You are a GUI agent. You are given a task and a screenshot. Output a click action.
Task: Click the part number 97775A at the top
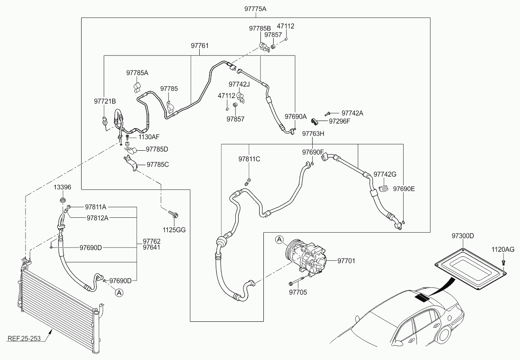(255, 9)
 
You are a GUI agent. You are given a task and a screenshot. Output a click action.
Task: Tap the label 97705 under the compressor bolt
(298, 292)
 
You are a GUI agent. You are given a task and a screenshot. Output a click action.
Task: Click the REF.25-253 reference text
(24, 339)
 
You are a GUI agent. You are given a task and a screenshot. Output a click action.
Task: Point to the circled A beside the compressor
(280, 239)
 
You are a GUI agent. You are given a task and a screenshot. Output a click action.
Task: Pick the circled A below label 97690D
(119, 293)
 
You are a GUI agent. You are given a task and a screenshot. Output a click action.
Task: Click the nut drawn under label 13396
(62, 199)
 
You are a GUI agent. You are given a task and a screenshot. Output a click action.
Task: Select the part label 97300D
(463, 236)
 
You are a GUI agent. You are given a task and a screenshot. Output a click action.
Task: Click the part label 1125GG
(174, 230)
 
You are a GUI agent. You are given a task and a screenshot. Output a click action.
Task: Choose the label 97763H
(313, 134)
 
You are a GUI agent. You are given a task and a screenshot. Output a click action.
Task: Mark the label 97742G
(384, 174)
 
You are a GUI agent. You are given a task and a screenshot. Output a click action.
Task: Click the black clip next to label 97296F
(314, 121)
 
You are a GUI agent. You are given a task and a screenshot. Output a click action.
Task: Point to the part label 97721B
(105, 101)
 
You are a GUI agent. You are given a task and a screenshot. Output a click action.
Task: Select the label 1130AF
(149, 137)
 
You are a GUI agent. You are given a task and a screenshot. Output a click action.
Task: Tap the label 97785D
(157, 149)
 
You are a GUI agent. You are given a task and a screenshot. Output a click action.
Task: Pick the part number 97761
(200, 46)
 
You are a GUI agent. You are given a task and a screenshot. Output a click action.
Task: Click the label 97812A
(98, 218)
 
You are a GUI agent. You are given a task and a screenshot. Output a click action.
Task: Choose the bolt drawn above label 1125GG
(173, 214)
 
